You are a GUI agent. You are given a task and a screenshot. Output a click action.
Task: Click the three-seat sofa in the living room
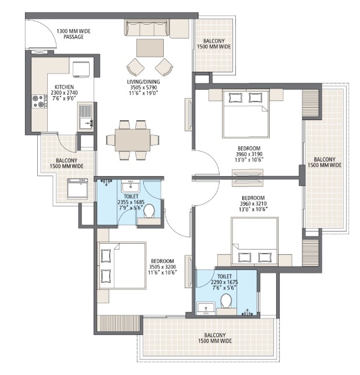[147, 27]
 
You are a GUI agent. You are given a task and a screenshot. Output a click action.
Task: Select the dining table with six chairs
[132, 140]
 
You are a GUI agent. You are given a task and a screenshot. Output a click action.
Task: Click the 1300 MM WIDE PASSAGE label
[70, 33]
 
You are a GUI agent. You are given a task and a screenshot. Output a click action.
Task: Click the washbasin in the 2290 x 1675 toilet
[205, 307]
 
